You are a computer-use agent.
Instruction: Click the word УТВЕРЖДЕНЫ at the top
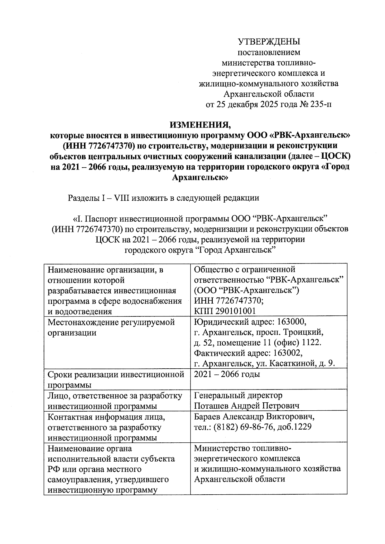click(269, 42)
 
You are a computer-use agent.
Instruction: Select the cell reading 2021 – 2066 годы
click(227, 374)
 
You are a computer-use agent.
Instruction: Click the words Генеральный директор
click(238, 395)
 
